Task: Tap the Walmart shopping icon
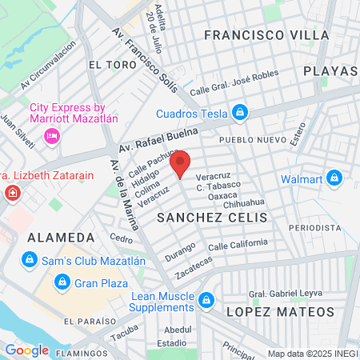(334, 178)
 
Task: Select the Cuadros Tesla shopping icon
(238, 112)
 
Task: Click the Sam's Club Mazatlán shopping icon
(30, 260)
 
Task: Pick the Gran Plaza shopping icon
(62, 282)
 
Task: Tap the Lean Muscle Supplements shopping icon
(206, 300)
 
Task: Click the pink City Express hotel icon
(51, 137)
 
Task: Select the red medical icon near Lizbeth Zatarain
(12, 194)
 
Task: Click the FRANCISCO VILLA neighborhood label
(266, 35)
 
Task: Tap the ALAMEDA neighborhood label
(54, 238)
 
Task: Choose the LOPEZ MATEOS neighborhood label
(279, 311)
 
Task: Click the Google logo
(26, 350)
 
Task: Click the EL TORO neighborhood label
(109, 65)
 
